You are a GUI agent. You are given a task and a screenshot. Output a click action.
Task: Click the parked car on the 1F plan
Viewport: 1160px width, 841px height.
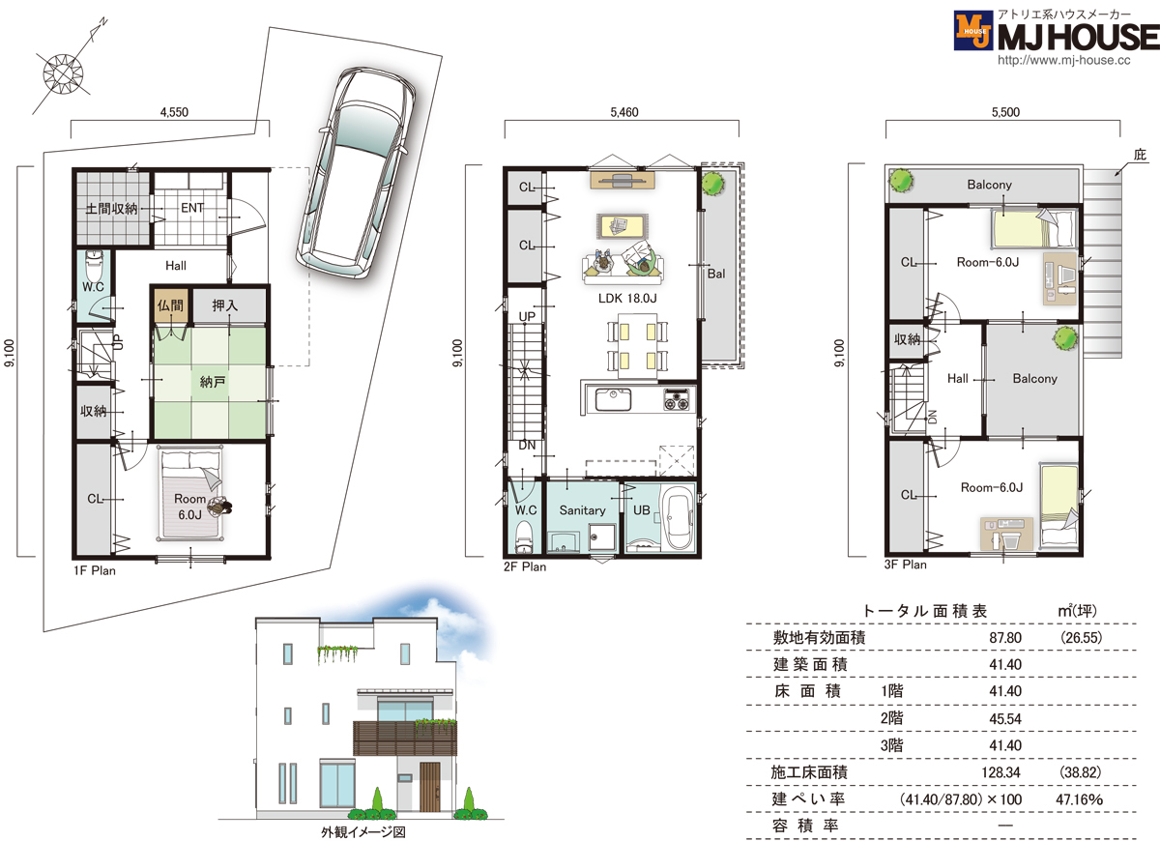[x=356, y=173]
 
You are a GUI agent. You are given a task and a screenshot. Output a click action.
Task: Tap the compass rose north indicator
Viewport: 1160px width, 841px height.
[x=64, y=72]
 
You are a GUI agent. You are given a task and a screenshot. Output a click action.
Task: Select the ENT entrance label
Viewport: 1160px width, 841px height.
[x=192, y=208]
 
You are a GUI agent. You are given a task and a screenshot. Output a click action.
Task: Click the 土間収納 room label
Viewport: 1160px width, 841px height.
[x=111, y=209]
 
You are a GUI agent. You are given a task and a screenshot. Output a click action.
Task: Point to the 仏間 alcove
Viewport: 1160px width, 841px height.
[x=170, y=305]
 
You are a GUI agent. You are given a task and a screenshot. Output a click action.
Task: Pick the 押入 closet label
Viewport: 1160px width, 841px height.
[x=225, y=305]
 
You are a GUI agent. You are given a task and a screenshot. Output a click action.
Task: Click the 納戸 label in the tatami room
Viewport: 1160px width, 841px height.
[x=213, y=382]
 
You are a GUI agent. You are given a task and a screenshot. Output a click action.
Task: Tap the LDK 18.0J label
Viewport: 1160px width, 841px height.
[x=627, y=299]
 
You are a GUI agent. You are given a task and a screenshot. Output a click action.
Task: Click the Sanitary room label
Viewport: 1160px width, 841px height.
[x=582, y=510]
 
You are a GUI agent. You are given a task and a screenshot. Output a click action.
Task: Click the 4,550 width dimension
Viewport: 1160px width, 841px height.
[x=174, y=112]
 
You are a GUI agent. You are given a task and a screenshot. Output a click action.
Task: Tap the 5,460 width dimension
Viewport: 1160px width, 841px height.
[x=624, y=112]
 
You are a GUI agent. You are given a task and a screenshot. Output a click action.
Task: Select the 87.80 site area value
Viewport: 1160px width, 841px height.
[x=1005, y=637]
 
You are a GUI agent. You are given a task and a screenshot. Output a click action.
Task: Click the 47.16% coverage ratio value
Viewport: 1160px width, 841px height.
[x=1079, y=799]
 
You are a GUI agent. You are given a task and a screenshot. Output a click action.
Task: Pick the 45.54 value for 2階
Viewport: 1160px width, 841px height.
[x=1005, y=719]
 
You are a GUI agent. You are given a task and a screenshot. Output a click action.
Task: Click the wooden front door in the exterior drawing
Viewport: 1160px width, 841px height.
[x=429, y=787]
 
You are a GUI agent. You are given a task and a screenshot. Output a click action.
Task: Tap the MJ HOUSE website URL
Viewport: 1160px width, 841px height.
[x=1063, y=60]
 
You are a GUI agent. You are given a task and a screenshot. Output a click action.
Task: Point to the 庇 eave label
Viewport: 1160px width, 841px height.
[x=1140, y=155]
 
